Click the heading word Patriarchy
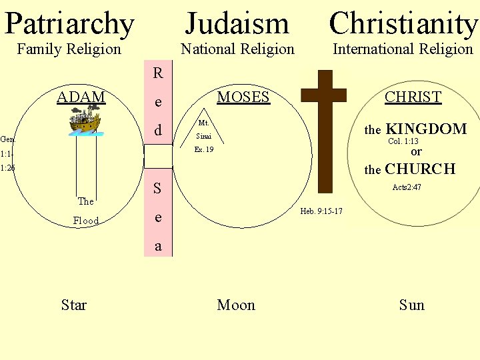69,23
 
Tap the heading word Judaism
237,23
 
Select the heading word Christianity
403,23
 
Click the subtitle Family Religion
69,49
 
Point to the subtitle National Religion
237,49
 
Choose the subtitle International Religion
403,49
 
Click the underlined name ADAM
81,97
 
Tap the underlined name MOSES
243,97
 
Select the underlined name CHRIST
413,97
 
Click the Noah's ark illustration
85,122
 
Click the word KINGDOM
427,129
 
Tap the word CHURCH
420,169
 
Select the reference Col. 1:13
403,141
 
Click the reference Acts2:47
407,187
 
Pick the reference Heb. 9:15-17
321,211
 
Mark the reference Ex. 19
203,150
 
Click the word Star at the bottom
73,305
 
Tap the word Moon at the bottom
236,305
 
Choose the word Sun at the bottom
411,305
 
